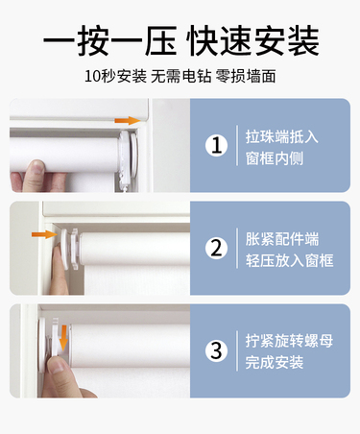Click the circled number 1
[217, 146]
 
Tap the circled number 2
[217, 248]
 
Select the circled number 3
[217, 350]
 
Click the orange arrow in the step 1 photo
[128, 121]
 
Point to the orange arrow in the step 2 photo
[44, 234]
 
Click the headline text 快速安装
[252, 41]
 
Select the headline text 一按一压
[109, 41]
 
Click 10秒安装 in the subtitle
[115, 77]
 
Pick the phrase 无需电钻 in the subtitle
[181, 77]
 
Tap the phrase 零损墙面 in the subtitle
[246, 77]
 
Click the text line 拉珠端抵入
[282, 136]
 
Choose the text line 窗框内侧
[275, 158]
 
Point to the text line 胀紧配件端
[282, 239]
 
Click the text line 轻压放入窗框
[289, 260]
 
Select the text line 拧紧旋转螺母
[289, 341]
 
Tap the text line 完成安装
[275, 362]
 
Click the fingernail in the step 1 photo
[37, 166]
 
